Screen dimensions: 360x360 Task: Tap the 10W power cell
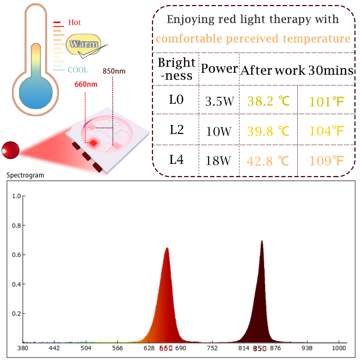click(219, 131)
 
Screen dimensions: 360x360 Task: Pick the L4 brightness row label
click(176, 159)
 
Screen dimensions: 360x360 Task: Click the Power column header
click(219, 69)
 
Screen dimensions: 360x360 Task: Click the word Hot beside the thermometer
click(75, 23)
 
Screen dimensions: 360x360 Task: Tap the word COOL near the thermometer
click(78, 70)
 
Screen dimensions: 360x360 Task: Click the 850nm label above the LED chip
click(114, 71)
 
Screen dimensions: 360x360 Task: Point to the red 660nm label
click(86, 85)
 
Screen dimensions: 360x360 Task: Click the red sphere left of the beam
click(10, 150)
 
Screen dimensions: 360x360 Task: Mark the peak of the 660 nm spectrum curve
click(167, 248)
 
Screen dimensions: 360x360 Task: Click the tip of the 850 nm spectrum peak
click(262, 241)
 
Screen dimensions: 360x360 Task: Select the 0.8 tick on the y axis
click(17, 226)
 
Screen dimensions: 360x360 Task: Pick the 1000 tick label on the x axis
click(339, 348)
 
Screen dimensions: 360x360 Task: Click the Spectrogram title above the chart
click(25, 176)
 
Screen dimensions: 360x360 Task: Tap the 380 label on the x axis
click(23, 348)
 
